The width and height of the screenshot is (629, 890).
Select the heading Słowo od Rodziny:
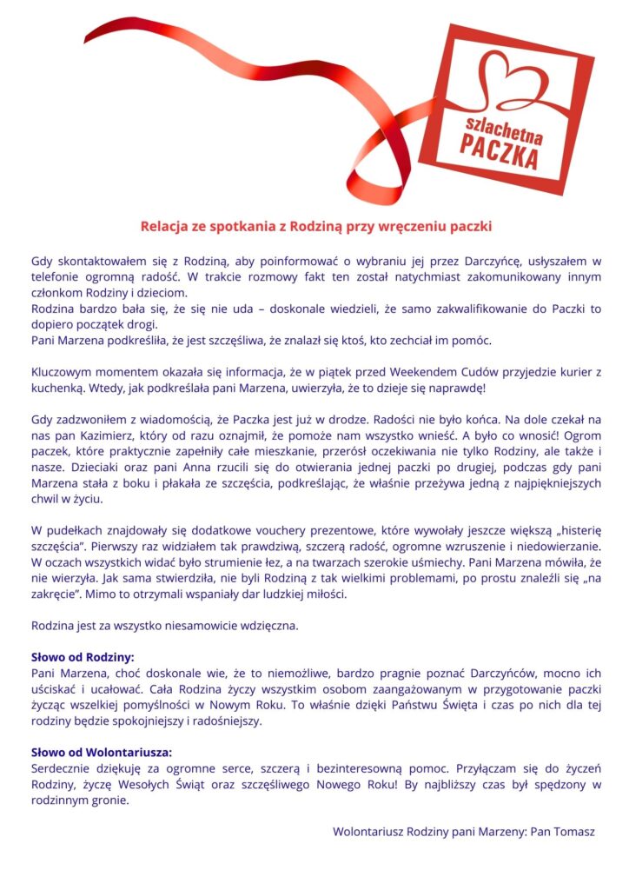(x=83, y=657)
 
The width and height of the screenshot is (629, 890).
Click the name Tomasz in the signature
(x=573, y=831)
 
